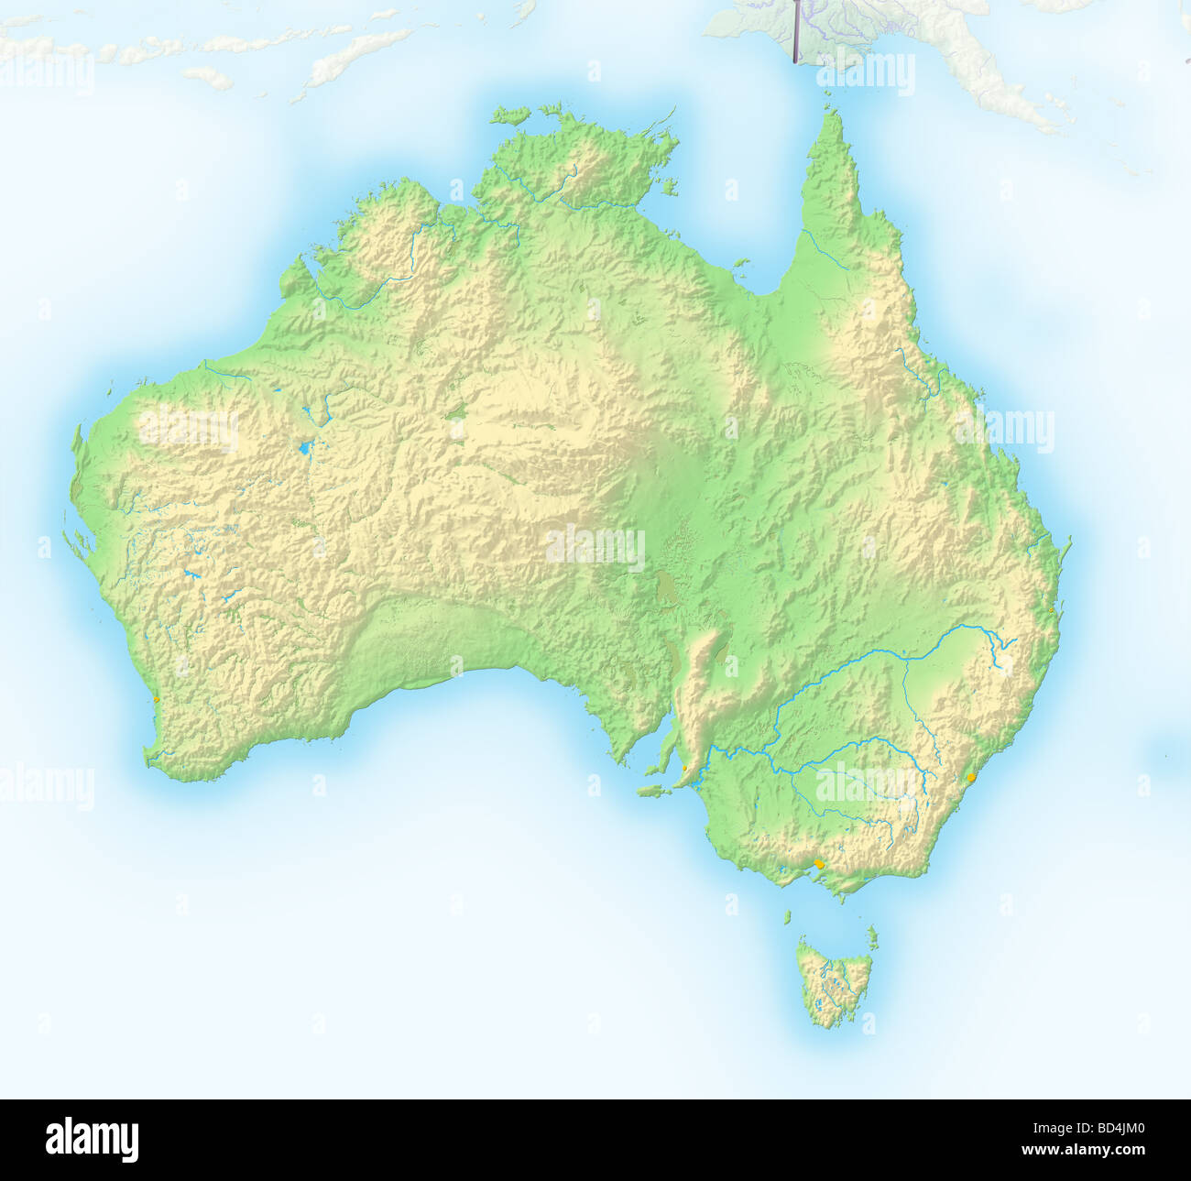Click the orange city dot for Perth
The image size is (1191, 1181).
point(157,699)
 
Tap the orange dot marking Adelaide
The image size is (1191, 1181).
point(685,768)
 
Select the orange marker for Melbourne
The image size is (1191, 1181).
point(819,864)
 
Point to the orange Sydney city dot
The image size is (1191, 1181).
point(970,778)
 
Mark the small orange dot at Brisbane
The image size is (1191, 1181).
point(1052,609)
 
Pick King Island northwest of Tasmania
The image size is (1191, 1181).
point(786,916)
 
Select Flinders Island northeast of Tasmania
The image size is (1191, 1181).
point(872,936)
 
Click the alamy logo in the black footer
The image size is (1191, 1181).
point(93,1139)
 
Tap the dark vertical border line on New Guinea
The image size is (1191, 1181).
point(795,31)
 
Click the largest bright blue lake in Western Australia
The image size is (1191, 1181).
point(303,449)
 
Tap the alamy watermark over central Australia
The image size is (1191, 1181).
point(595,547)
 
